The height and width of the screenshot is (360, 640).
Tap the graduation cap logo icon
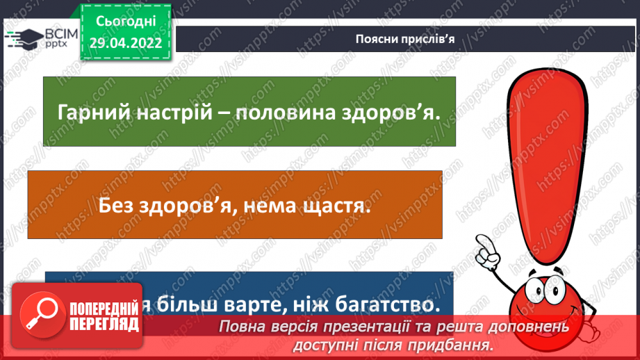pyautogui.click(x=23, y=37)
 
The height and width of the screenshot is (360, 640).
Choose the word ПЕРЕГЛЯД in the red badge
pyautogui.click(x=105, y=323)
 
